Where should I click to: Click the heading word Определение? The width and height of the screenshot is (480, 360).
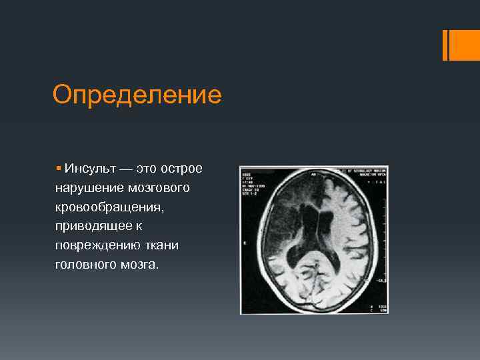[137, 95]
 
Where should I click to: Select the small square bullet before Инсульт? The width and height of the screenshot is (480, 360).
[59, 169]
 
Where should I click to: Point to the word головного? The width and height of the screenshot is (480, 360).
[85, 265]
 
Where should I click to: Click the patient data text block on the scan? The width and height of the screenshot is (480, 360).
[254, 184]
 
